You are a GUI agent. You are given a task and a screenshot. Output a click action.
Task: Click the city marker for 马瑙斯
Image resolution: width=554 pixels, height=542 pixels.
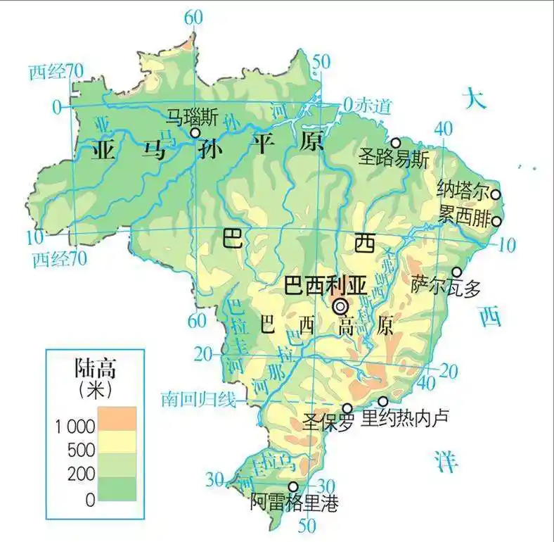[x=195, y=132]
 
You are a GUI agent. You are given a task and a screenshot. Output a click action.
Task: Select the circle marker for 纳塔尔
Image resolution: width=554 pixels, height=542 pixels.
[x=496, y=194]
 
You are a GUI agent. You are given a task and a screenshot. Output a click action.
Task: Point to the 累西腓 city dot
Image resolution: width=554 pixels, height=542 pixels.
[x=496, y=221]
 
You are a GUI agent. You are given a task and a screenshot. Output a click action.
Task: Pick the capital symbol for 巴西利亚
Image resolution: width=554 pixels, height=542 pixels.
[x=341, y=305]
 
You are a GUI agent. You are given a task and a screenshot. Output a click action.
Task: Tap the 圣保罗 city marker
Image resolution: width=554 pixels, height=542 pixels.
[x=347, y=408]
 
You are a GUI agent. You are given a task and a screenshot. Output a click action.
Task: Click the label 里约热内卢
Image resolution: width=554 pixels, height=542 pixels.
[x=404, y=418]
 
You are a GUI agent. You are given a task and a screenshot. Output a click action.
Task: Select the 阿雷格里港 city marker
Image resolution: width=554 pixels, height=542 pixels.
[x=293, y=486]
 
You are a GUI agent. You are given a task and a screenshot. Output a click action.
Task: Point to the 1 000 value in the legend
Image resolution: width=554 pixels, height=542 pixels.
[x=74, y=427]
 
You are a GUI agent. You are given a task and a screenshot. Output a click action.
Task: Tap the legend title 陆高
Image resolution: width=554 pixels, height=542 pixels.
[x=95, y=368]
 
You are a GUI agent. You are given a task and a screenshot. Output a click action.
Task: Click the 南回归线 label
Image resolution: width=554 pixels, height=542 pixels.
[x=198, y=400]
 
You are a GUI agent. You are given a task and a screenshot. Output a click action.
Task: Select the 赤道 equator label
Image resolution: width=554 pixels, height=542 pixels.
[x=371, y=106]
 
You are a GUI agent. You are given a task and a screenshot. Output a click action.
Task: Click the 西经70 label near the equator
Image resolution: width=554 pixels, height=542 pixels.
[x=57, y=71]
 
